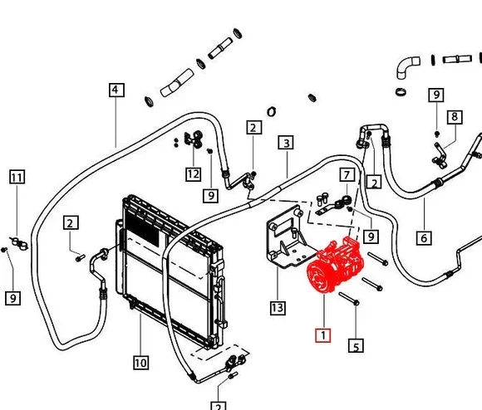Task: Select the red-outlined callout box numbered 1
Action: (x=323, y=335)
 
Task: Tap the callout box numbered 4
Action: (x=116, y=90)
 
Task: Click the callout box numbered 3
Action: (x=286, y=143)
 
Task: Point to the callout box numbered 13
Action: (x=278, y=308)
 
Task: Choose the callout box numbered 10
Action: (x=141, y=363)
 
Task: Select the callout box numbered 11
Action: (x=17, y=177)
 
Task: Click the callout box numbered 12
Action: (x=194, y=174)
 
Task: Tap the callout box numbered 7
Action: (x=347, y=174)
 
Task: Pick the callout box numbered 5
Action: (x=356, y=346)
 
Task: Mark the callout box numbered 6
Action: (x=424, y=238)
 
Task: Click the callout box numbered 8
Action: (x=455, y=117)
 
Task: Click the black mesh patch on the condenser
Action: (x=142, y=228)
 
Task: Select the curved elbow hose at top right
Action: (x=406, y=68)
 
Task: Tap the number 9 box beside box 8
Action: (x=436, y=95)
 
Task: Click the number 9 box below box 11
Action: (x=13, y=298)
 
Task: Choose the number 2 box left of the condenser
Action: (x=71, y=222)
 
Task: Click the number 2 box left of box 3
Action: (x=254, y=127)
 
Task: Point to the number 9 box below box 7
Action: (x=371, y=237)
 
